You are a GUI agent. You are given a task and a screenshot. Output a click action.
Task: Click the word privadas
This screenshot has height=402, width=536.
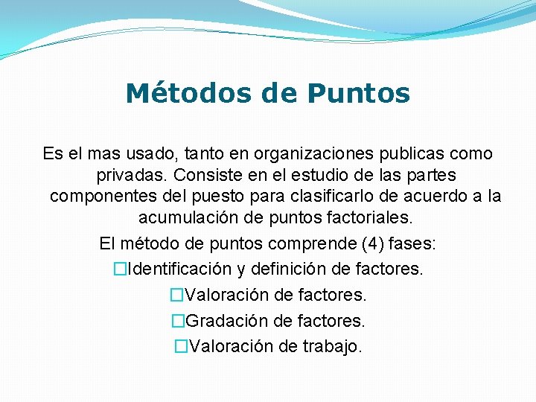click(132, 176)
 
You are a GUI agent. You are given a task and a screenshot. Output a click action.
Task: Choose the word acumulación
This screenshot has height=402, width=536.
click(188, 219)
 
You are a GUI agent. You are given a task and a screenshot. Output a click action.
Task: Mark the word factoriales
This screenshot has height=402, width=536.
click(369, 219)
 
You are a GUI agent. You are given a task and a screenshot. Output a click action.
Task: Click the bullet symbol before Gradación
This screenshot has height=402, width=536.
click(177, 321)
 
